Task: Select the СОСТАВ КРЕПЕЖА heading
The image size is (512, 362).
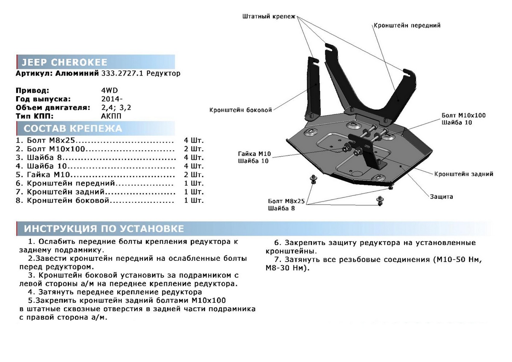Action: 73,128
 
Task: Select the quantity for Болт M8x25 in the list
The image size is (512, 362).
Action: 194,140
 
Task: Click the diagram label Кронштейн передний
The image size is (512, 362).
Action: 407,26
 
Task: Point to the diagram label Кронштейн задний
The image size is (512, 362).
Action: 463,174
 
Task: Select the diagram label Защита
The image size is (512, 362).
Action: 441,197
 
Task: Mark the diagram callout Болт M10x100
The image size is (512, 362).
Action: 463,115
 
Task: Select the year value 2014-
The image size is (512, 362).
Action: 107,99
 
